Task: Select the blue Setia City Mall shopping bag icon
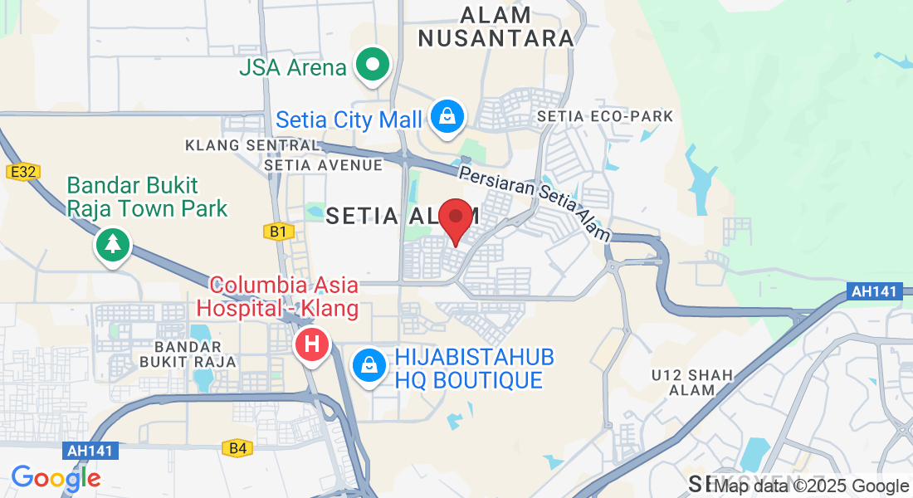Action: click(x=447, y=118)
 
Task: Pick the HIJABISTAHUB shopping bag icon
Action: click(x=368, y=365)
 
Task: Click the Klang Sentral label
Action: click(x=252, y=145)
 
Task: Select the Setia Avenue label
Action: click(x=324, y=165)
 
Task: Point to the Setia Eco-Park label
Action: click(x=605, y=116)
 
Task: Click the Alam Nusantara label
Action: click(x=496, y=27)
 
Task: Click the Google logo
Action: click(x=56, y=478)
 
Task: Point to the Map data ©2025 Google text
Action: click(x=812, y=486)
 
